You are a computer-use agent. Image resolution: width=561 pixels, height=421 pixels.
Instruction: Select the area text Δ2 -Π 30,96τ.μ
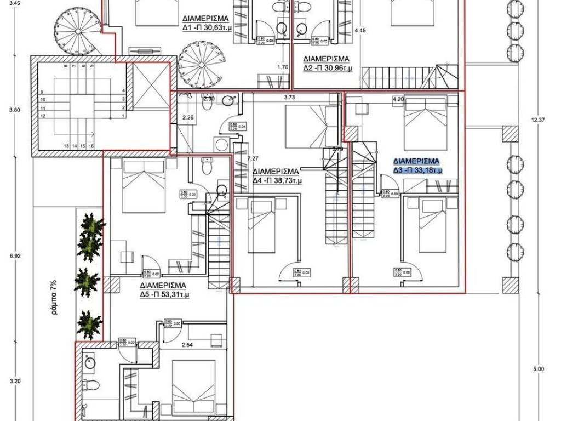point(328,68)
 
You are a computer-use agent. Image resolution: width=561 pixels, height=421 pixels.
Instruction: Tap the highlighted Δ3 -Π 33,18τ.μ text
point(417,170)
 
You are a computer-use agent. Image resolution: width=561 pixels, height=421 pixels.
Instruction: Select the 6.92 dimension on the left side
point(15,255)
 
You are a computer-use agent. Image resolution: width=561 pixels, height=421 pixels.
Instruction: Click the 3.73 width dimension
point(290,98)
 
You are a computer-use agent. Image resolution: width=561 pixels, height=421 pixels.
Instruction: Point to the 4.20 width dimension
point(398,99)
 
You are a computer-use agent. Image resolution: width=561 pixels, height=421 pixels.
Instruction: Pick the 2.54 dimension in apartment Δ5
point(188,346)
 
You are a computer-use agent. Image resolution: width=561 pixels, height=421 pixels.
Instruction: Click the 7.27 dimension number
point(253,158)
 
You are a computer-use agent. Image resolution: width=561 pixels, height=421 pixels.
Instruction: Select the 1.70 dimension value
point(283,67)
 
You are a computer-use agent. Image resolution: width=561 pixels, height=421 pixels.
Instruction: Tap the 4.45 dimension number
point(360,31)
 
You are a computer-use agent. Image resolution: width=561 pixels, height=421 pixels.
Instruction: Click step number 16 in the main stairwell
point(91,146)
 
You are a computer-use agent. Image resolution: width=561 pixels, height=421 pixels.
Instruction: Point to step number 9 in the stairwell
point(42,92)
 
